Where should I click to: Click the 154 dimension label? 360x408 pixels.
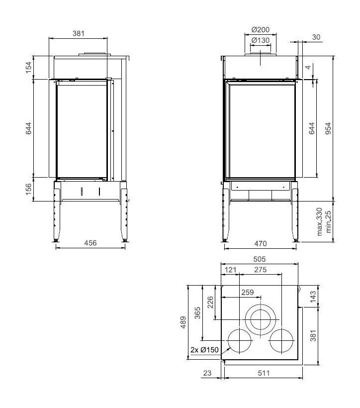point(28,67)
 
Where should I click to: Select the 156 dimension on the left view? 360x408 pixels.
point(28,189)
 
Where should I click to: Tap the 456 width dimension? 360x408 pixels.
point(90,243)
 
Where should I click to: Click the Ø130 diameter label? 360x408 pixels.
point(260,40)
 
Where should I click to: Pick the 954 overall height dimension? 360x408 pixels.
point(328,128)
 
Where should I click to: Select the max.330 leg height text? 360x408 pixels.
point(320,222)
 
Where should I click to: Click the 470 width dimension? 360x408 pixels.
point(261,243)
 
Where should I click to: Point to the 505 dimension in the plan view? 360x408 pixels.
point(260,259)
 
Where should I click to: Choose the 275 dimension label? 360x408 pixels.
point(261,270)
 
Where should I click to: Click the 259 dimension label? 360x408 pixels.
point(247,293)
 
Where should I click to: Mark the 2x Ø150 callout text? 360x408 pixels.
point(204,350)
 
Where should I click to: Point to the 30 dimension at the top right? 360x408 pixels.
point(316,37)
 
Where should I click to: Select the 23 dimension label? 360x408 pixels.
point(208,374)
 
